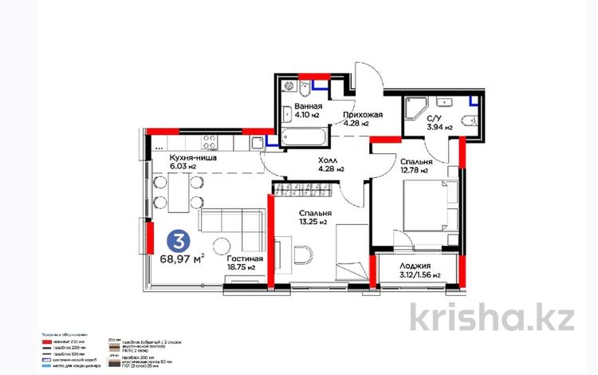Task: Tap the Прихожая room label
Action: (x=363, y=119)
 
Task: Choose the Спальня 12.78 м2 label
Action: (x=414, y=165)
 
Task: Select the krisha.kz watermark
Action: (x=492, y=317)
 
